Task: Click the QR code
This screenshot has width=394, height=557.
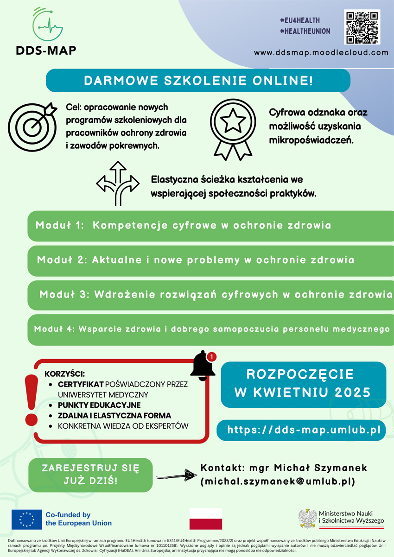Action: click(362, 27)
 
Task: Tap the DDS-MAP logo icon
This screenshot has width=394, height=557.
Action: click(46, 25)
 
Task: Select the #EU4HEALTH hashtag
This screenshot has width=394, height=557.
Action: click(300, 20)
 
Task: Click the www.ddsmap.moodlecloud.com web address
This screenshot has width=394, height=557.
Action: click(321, 53)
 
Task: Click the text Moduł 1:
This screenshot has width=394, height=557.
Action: click(60, 226)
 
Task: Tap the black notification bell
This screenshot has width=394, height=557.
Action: click(203, 366)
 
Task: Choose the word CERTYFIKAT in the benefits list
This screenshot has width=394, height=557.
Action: click(81, 385)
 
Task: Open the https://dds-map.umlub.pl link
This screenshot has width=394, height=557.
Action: click(301, 430)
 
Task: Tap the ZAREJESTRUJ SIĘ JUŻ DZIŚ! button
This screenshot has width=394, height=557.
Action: click(90, 475)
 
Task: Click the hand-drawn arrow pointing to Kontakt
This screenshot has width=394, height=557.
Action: click(177, 475)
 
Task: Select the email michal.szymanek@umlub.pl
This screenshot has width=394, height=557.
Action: click(278, 482)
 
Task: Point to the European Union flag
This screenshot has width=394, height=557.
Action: click(26, 519)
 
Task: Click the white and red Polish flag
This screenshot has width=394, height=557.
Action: click(206, 519)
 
